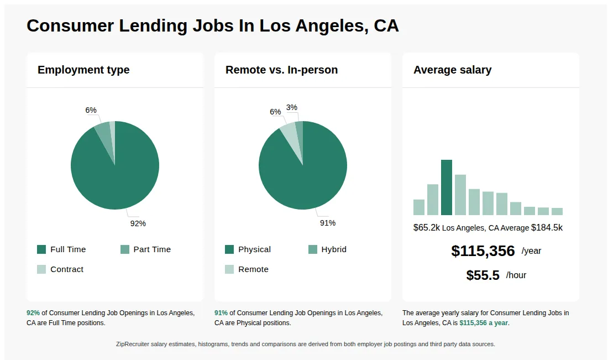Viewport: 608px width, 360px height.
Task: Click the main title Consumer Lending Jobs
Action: [212, 26]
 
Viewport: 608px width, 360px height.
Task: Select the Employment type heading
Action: [83, 70]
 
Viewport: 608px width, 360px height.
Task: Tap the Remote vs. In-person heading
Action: [281, 70]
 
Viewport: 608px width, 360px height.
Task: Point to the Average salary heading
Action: [452, 70]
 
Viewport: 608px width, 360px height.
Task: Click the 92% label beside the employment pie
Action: [138, 223]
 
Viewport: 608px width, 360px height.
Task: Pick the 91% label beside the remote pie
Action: [327, 223]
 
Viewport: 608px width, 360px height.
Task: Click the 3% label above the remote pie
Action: [291, 107]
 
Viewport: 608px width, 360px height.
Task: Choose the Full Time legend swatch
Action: [41, 249]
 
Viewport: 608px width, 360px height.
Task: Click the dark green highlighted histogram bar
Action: [447, 187]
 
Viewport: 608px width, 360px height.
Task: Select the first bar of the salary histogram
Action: [419, 207]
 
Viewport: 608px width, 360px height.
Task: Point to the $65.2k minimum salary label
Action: [427, 228]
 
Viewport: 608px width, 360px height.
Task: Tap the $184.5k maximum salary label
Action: [547, 228]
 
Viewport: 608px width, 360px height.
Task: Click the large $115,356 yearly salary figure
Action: [483, 251]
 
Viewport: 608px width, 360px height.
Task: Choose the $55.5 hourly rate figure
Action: [483, 275]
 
